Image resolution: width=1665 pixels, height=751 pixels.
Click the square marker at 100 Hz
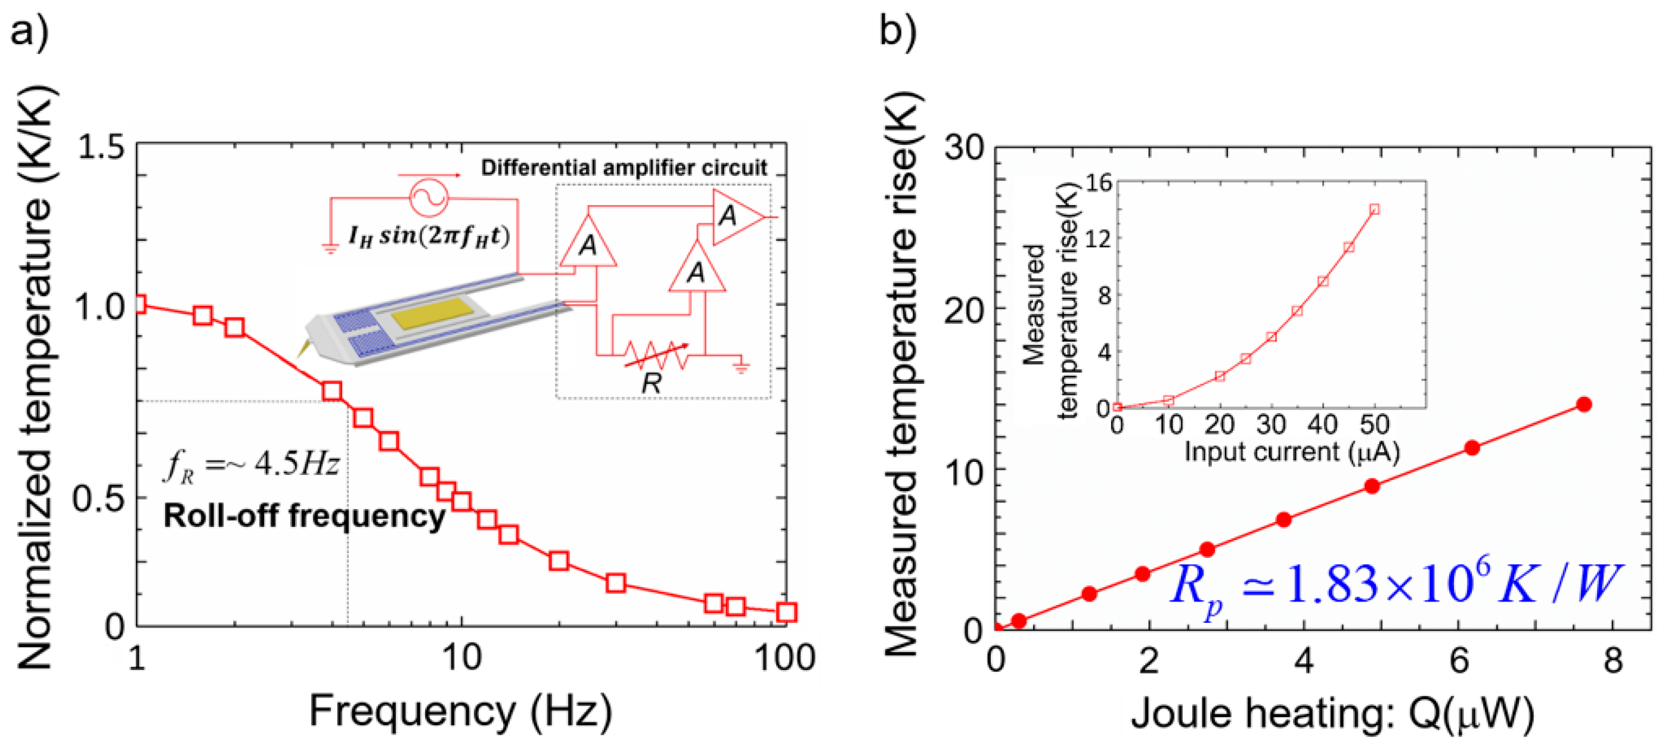(785, 612)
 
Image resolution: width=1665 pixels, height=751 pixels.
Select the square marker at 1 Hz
(137, 304)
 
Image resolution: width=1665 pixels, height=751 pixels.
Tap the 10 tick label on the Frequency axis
(461, 658)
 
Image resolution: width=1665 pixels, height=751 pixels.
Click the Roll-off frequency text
(304, 516)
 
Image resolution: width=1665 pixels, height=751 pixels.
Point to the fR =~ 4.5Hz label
(251, 464)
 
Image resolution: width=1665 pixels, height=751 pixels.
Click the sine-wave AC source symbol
(428, 196)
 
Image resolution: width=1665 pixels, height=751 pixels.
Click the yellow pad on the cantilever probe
(433, 313)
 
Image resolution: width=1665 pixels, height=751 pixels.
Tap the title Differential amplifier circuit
(623, 168)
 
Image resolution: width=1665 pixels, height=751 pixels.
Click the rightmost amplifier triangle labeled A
(736, 216)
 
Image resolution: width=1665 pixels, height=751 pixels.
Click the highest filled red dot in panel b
(1583, 405)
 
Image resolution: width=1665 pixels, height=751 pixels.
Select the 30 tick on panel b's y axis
(964, 148)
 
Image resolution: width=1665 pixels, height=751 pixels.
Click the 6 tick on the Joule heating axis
(1459, 660)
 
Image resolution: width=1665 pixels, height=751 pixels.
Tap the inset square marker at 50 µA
(1375, 209)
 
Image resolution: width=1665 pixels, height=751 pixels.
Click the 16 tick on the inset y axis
(1098, 184)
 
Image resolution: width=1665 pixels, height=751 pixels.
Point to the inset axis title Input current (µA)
(1291, 451)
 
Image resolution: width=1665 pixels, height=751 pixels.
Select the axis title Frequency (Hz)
(460, 712)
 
